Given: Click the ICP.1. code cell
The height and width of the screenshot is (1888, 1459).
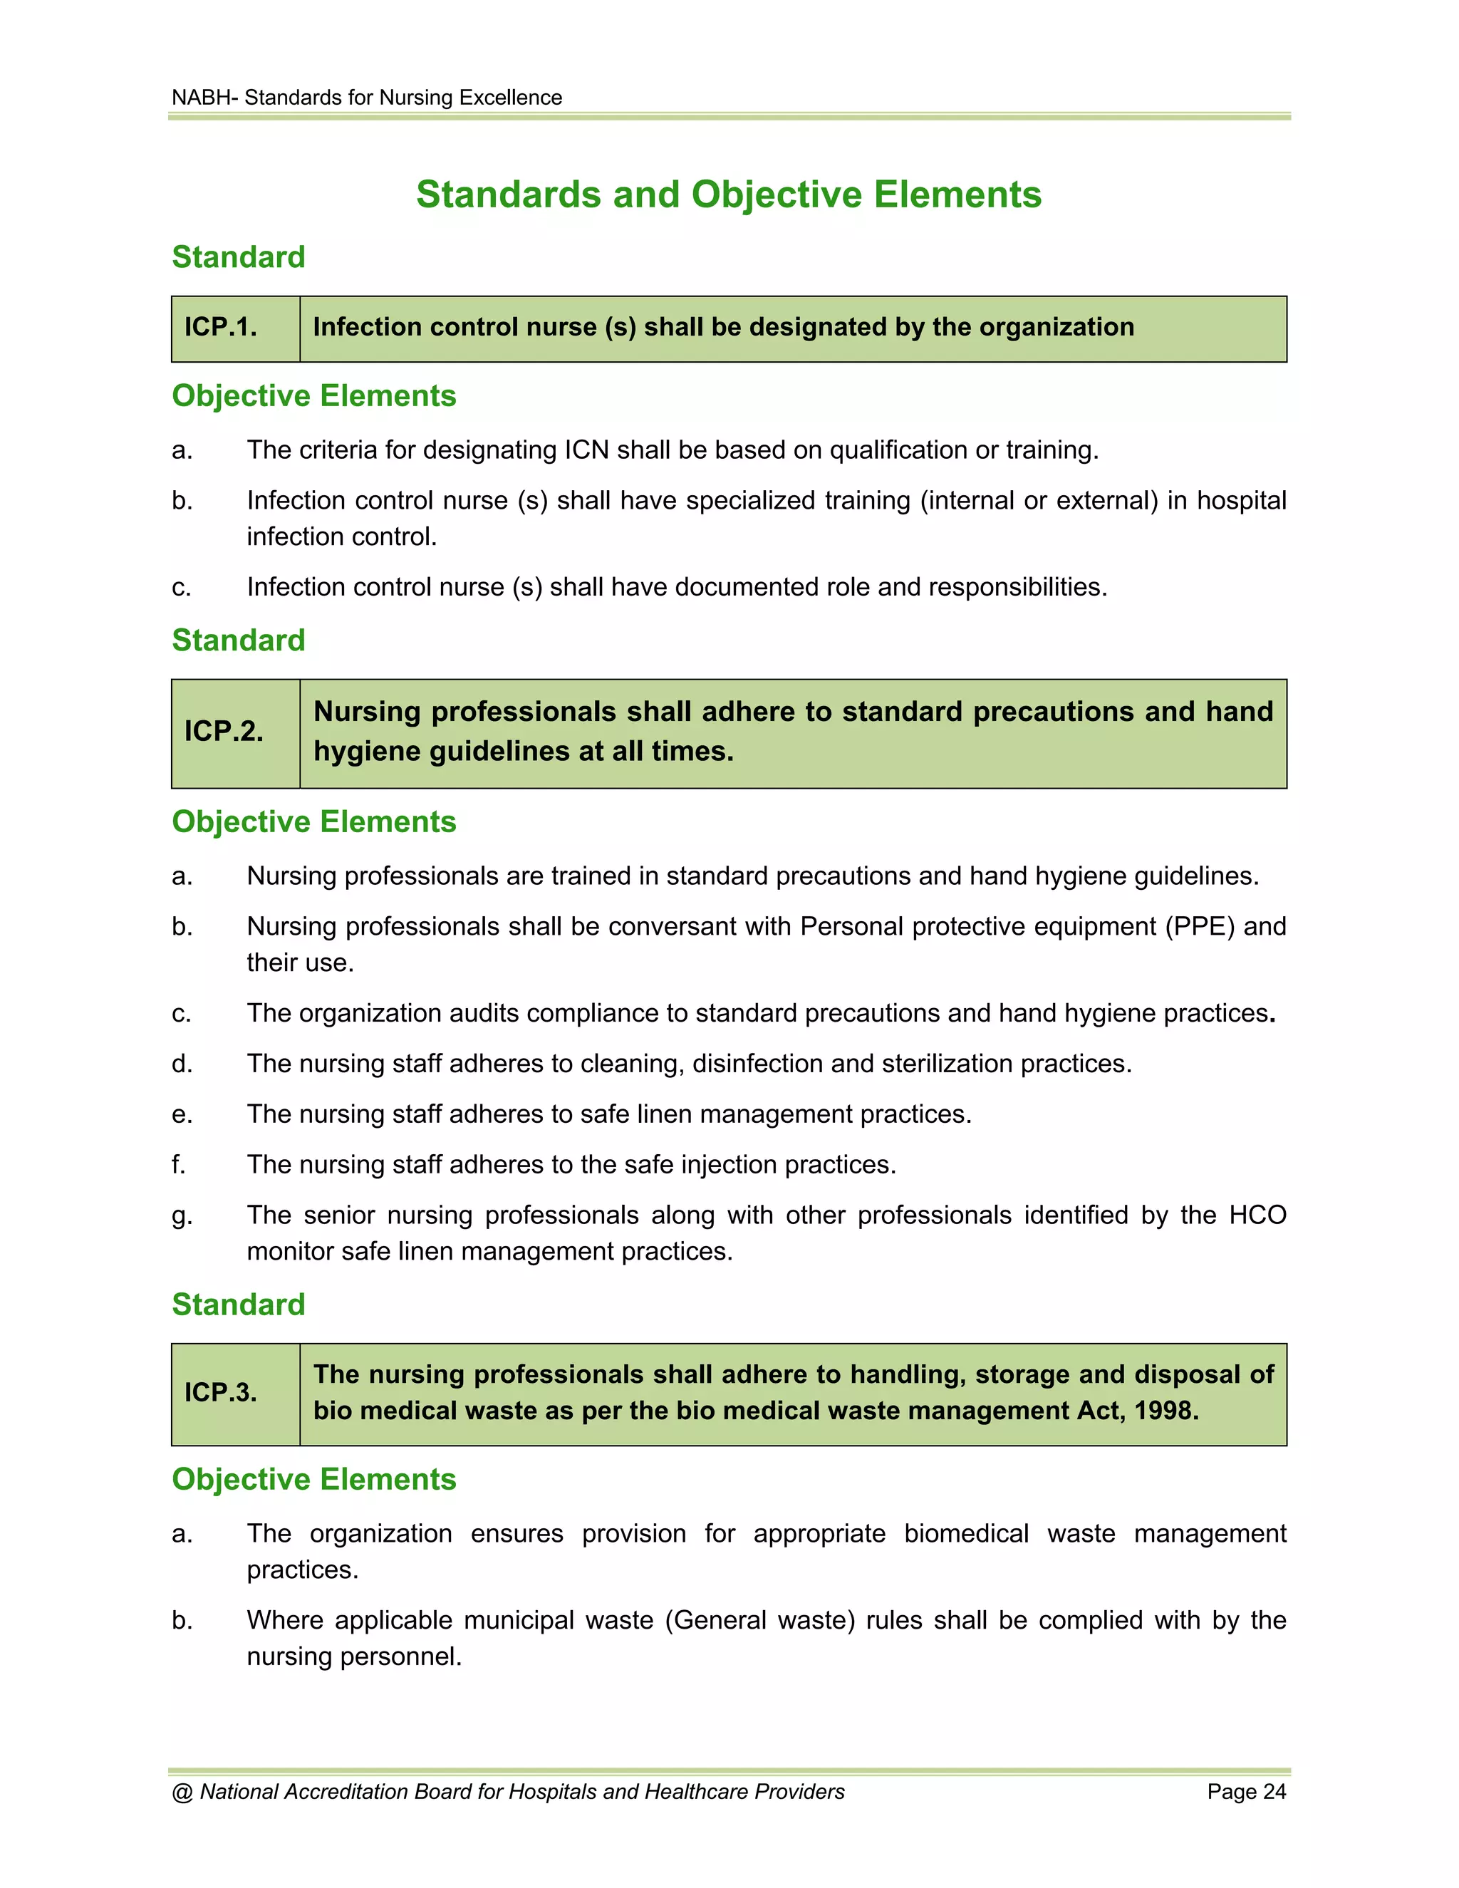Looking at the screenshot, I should (222, 328).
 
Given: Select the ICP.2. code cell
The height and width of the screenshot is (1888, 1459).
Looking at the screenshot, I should (224, 732).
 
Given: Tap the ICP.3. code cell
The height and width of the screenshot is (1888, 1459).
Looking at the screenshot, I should (222, 1393).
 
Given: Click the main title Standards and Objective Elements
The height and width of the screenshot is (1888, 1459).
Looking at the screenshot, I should (729, 194).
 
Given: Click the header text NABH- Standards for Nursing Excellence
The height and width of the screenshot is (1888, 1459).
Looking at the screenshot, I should (366, 98).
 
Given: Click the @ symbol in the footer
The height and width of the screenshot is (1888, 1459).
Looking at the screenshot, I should (182, 1792).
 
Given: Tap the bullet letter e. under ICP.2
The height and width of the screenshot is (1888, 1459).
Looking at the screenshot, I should (182, 1115).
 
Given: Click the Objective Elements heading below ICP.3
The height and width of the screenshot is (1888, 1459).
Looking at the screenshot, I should (313, 1479).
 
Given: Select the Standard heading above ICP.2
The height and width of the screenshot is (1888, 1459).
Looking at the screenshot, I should (239, 640).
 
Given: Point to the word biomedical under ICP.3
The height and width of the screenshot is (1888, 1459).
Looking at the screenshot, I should (965, 1534).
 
